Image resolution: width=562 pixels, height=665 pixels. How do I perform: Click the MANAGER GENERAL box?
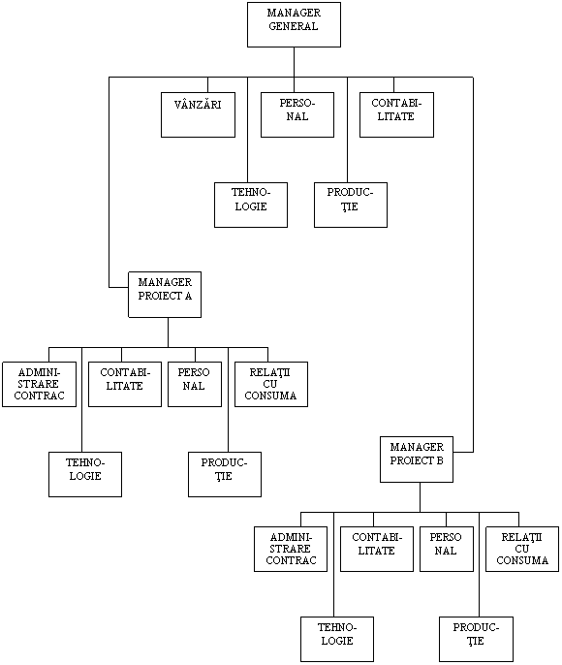294,24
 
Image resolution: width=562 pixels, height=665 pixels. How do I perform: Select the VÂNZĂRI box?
198,114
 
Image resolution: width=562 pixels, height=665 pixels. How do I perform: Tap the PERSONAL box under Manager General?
297,114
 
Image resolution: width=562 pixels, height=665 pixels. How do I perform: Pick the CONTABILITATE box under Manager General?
396,114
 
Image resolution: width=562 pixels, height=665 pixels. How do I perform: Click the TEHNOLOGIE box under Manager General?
251,205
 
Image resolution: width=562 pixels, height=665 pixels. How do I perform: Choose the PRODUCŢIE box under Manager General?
351,205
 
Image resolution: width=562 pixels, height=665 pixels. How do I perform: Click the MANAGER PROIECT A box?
165,295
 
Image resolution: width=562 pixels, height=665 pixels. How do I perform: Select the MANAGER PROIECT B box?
417,459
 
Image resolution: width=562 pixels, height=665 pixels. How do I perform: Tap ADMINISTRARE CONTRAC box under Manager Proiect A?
39,384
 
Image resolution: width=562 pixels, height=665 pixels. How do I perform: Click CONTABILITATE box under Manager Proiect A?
125,384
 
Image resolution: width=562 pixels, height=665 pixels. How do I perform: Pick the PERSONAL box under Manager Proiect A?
195,384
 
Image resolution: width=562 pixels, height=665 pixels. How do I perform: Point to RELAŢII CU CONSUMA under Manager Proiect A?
271,384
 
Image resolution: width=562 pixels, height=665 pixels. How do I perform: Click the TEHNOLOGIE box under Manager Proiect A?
84,474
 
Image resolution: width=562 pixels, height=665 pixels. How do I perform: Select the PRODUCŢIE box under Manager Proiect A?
225,474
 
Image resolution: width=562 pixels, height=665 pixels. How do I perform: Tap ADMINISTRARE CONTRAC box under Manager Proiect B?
291,550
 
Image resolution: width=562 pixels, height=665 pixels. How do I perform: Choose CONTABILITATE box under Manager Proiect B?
376,550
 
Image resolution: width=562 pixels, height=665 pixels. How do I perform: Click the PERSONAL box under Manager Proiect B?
447,550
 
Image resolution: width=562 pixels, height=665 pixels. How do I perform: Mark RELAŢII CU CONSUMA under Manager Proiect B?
522,550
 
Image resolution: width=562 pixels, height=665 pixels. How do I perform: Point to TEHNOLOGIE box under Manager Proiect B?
337,639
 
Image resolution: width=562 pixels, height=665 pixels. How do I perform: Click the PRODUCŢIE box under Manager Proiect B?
476,639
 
